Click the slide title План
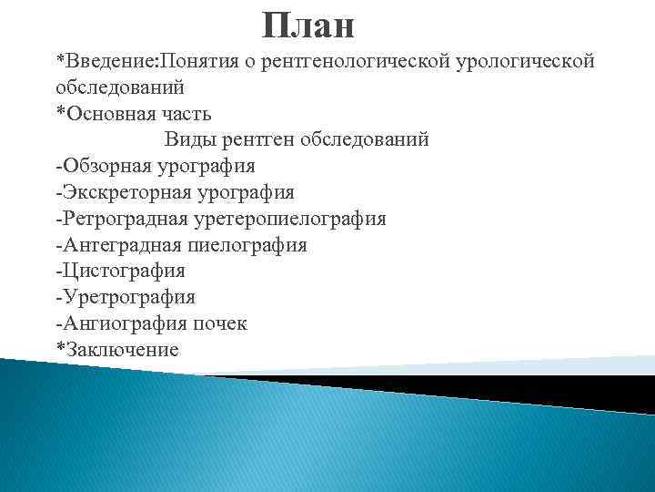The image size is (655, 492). pyautogui.click(x=307, y=26)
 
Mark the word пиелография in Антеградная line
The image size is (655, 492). pyautogui.click(x=247, y=245)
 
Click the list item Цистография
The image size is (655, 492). pyautogui.click(x=122, y=271)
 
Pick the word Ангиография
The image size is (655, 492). pyautogui.click(x=123, y=323)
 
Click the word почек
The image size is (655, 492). pyautogui.click(x=218, y=323)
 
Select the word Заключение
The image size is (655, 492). pyautogui.click(x=121, y=350)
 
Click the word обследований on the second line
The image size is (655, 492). pyautogui.click(x=119, y=88)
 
